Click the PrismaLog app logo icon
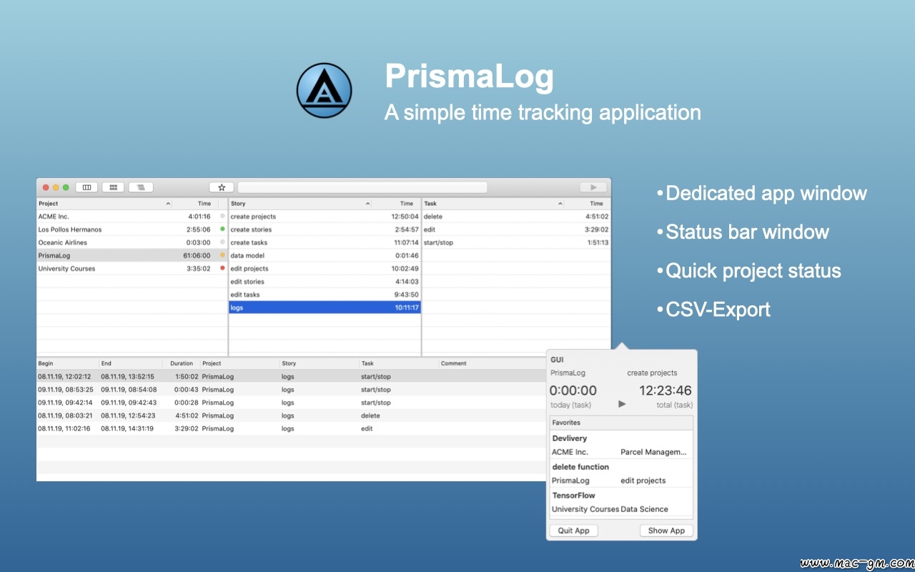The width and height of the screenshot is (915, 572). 324,90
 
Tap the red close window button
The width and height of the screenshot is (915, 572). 46,187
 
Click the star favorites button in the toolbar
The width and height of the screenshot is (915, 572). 222,187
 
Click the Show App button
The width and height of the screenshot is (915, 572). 666,531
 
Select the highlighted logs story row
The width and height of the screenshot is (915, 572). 325,307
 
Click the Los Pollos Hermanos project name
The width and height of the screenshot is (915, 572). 70,230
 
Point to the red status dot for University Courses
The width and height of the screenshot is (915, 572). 222,268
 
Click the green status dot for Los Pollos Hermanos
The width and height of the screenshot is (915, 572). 222,229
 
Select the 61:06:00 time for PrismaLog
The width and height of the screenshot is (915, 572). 197,255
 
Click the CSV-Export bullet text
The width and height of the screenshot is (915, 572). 718,310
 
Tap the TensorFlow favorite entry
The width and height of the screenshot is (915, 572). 573,495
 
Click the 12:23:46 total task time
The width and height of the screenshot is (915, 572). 665,390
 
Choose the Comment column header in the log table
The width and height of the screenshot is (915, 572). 453,363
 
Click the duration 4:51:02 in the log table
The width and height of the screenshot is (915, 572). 187,415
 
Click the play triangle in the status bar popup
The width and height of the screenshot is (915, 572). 622,404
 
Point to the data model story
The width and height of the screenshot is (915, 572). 247,255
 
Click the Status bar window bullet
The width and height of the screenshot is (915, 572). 747,232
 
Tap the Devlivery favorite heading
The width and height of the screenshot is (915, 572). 570,438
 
